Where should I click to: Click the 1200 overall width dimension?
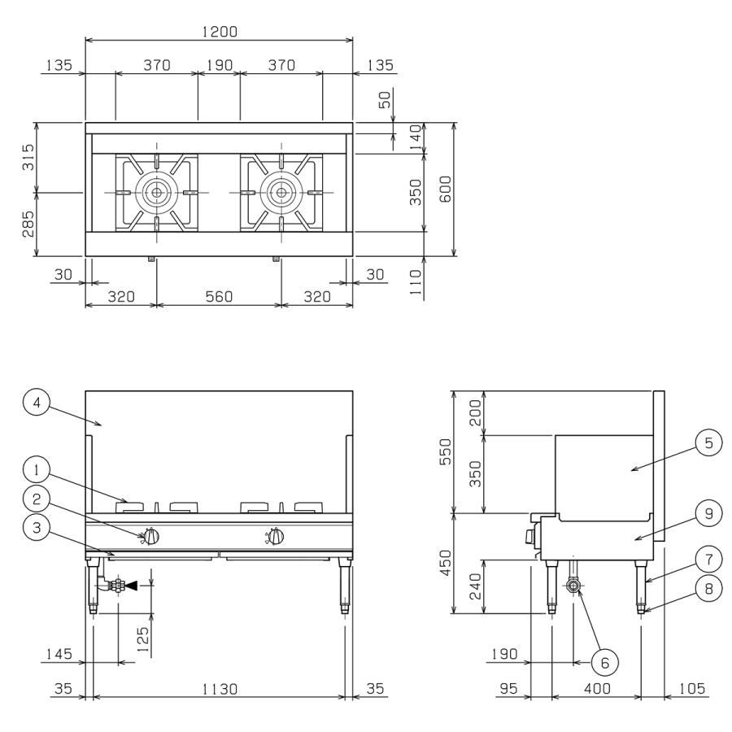click(220, 32)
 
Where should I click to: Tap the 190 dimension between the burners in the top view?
click(220, 65)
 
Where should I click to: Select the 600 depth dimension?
click(446, 189)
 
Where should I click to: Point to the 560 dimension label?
click(219, 296)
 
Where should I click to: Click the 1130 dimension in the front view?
click(220, 689)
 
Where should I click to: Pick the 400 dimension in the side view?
click(597, 689)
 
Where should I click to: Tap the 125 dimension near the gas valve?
click(142, 639)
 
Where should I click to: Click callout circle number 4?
click(37, 403)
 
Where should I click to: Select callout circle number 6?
click(604, 662)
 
